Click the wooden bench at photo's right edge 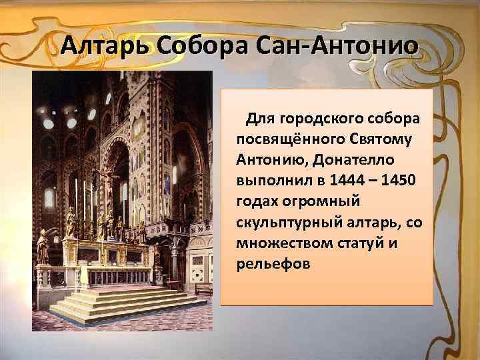(x=204, y=288)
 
